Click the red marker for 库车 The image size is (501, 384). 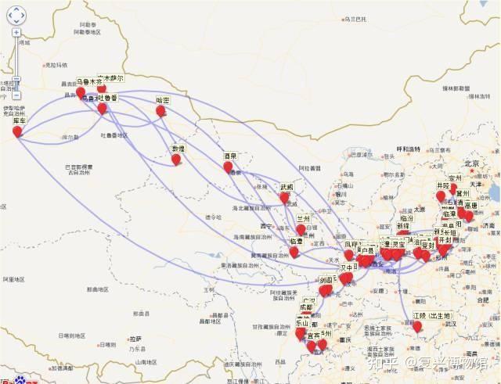point(17,131)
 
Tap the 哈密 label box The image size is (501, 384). point(163,100)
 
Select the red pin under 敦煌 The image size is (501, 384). point(176,160)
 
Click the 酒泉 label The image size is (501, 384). point(229,156)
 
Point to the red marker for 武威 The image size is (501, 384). point(284,198)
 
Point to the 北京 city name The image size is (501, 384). point(470,163)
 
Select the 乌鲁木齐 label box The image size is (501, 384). point(84,81)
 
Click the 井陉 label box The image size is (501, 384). point(444,185)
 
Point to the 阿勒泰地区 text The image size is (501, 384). point(88,33)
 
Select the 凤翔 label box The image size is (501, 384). point(355,245)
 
